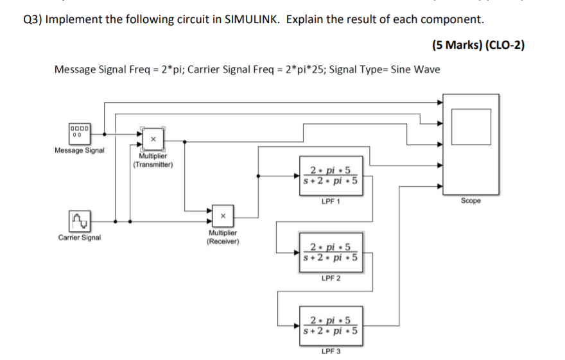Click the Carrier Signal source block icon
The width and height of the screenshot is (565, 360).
coord(80,221)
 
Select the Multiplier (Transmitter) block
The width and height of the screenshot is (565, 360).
coord(153,138)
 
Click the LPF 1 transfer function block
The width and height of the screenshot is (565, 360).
coord(331,175)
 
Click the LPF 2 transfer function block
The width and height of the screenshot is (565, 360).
coord(331,252)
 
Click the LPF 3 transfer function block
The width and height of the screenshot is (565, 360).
coord(331,327)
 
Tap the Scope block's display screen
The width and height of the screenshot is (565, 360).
coord(471,126)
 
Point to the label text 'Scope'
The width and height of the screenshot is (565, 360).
coord(471,201)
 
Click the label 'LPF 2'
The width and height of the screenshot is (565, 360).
coord(331,279)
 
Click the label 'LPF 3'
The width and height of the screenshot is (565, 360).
coord(331,351)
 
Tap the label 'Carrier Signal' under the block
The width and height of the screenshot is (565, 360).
coord(80,237)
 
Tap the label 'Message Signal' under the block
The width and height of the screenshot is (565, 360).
coord(80,151)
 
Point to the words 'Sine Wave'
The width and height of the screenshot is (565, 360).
coord(415,69)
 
